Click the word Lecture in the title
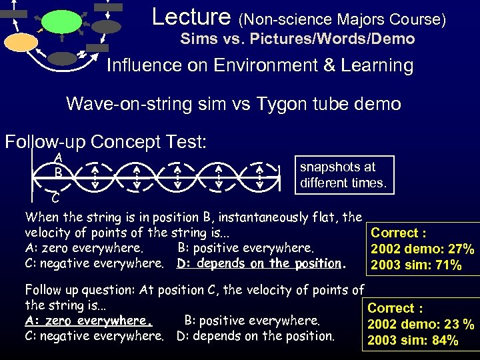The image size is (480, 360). click(x=191, y=17)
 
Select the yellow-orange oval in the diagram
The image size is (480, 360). click(x=21, y=43)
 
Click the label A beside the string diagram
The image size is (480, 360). click(x=59, y=157)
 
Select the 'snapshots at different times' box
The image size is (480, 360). click(x=343, y=175)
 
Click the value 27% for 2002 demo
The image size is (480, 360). click(x=460, y=249)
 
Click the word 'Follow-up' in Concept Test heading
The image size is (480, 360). click(x=44, y=142)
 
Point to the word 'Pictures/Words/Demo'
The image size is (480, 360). click(x=343, y=39)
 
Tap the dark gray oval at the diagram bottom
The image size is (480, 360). click(x=63, y=58)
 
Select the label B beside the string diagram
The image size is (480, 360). click(x=59, y=172)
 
